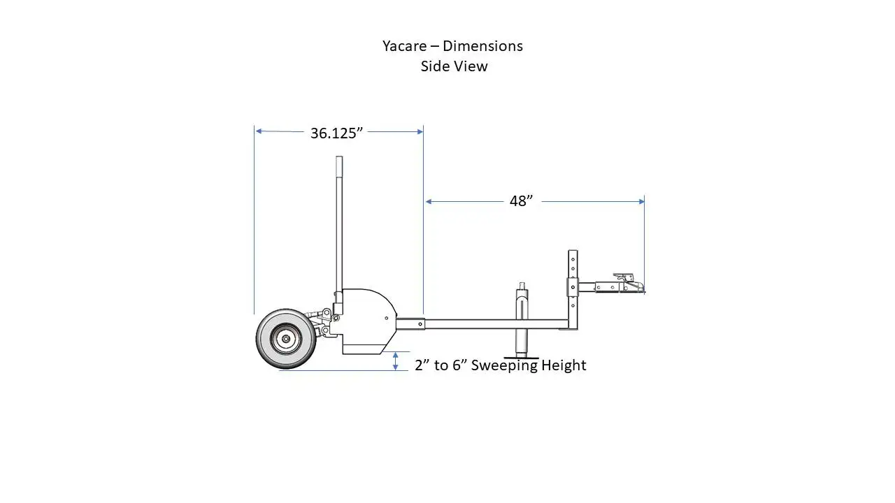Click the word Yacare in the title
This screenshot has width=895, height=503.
(x=405, y=46)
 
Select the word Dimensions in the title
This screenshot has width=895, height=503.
(x=482, y=46)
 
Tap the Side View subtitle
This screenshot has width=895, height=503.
(x=454, y=66)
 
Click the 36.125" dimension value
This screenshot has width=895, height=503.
(x=336, y=133)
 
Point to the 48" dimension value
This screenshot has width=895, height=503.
(x=521, y=201)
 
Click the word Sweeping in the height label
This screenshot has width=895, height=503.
(x=503, y=365)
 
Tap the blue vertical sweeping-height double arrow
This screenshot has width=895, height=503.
(x=395, y=361)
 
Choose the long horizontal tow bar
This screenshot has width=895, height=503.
(x=496, y=324)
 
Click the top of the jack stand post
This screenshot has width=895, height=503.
(x=522, y=285)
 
